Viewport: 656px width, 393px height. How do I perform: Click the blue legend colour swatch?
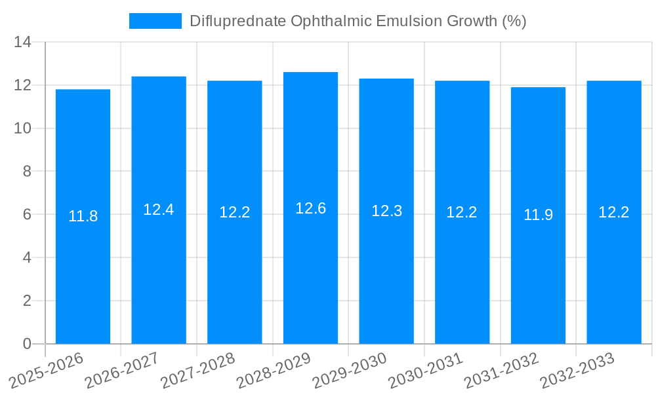click(155, 21)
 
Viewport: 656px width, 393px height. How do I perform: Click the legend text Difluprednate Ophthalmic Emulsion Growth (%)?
click(358, 21)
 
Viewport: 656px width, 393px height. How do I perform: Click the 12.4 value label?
click(159, 210)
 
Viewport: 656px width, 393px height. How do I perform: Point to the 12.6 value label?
click(310, 208)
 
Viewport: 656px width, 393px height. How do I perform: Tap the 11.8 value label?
click(83, 216)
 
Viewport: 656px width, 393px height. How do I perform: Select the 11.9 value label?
click(538, 215)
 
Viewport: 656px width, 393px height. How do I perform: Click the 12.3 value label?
click(386, 211)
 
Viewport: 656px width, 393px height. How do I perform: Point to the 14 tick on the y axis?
click(23, 43)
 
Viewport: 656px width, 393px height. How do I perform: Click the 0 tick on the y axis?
click(27, 344)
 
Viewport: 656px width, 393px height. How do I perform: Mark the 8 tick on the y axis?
click(27, 172)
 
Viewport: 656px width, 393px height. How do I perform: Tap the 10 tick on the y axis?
click(23, 128)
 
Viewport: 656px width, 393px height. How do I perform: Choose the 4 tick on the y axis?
click(27, 257)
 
